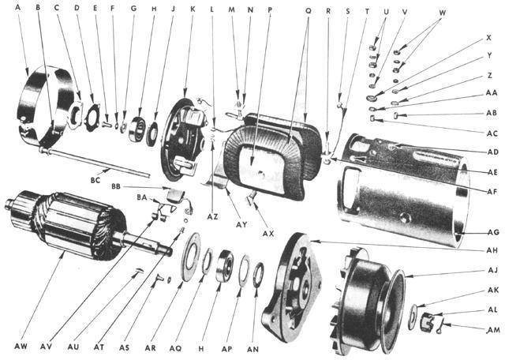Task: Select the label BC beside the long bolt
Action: coord(95,180)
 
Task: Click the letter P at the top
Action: coord(270,11)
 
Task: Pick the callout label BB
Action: coord(116,186)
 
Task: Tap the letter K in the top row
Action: coord(193,11)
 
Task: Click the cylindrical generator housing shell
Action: coord(395,189)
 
